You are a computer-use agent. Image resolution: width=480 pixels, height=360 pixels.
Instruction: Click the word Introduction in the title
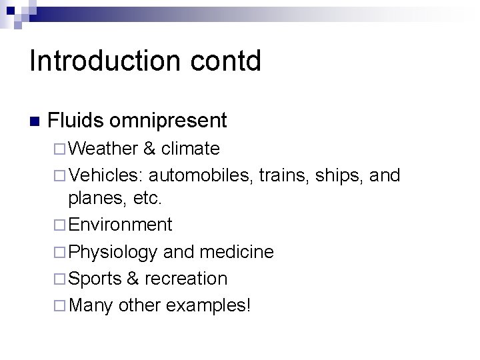tap(103, 61)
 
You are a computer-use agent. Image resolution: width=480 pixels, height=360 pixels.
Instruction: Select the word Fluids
tap(76, 121)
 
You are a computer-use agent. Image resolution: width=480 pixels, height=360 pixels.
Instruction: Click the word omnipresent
tap(169, 121)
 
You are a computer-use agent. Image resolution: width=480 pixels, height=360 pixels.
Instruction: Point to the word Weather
tap(102, 148)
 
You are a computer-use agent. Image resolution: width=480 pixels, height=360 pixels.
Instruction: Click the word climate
tap(190, 148)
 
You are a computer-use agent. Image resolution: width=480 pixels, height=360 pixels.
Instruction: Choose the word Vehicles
tap(105, 175)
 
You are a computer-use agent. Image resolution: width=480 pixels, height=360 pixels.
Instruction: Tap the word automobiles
tap(201, 175)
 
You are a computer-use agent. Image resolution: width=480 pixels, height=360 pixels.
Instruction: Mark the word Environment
tap(120, 225)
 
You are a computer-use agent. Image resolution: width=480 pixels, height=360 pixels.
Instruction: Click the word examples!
tap(208, 306)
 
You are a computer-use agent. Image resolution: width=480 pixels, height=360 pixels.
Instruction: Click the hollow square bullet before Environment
tap(60, 225)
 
